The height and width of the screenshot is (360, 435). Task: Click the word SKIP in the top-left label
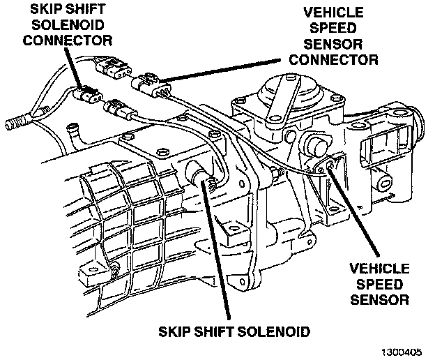[x=29, y=8]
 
